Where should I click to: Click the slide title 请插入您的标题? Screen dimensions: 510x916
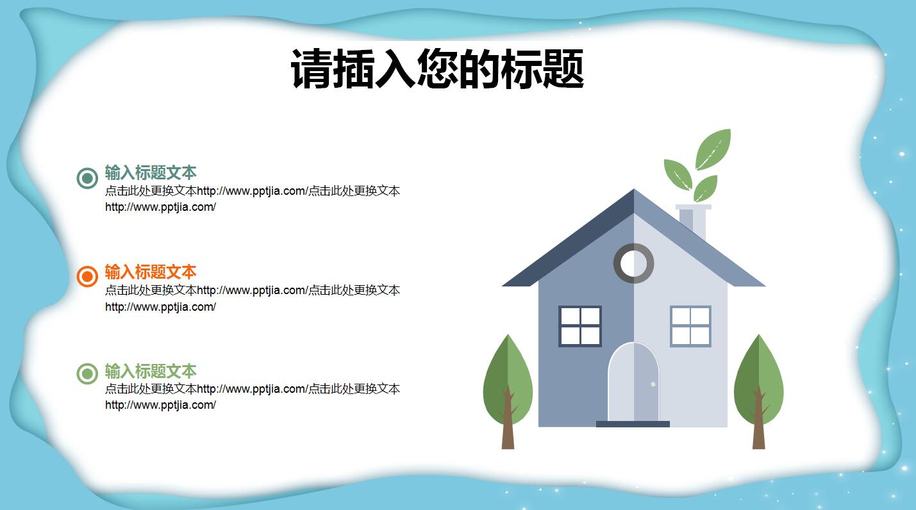point(437,69)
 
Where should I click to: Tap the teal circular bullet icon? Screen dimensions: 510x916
point(87,178)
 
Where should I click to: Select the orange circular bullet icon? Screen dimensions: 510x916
point(87,276)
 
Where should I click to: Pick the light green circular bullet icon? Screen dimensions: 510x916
point(87,374)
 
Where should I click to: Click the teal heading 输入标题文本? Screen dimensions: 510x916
point(151,172)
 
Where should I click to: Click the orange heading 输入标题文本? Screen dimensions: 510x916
point(151,272)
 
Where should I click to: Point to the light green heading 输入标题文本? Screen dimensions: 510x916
point(151,371)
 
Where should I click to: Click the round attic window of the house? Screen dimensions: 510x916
point(633,263)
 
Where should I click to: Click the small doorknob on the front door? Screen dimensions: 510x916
point(653,384)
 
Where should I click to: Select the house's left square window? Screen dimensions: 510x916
point(580,326)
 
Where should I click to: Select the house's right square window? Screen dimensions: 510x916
point(690,326)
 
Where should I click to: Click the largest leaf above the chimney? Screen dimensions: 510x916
point(713,149)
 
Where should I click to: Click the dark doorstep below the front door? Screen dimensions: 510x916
point(633,424)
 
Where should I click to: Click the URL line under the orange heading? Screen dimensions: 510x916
point(160,307)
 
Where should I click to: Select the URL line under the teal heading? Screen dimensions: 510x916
point(160,207)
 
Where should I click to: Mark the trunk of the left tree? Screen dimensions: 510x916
point(508,429)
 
